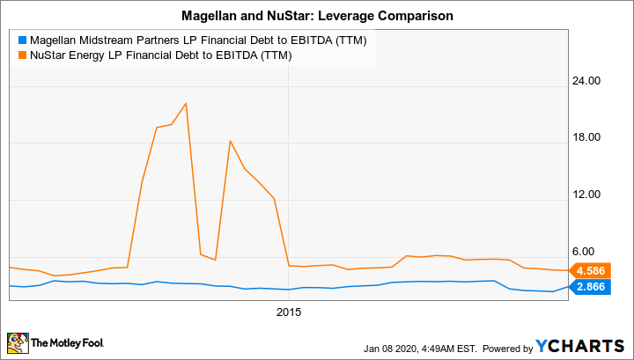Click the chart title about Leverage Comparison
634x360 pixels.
point(316,15)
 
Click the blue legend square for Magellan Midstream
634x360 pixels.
point(21,41)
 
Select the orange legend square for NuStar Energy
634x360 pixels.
point(21,56)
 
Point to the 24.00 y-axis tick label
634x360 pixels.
point(587,81)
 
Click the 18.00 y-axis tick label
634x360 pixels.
point(587,137)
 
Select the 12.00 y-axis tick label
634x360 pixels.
point(587,195)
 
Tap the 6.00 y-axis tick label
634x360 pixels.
point(590,252)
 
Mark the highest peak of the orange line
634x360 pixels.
point(186,104)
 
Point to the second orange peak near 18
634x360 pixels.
point(230,141)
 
